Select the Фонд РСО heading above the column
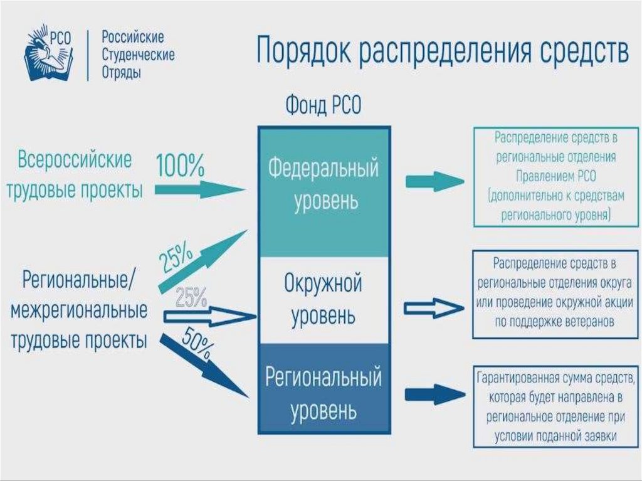click(324, 105)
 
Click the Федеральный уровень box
click(324, 185)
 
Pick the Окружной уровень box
click(324, 299)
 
